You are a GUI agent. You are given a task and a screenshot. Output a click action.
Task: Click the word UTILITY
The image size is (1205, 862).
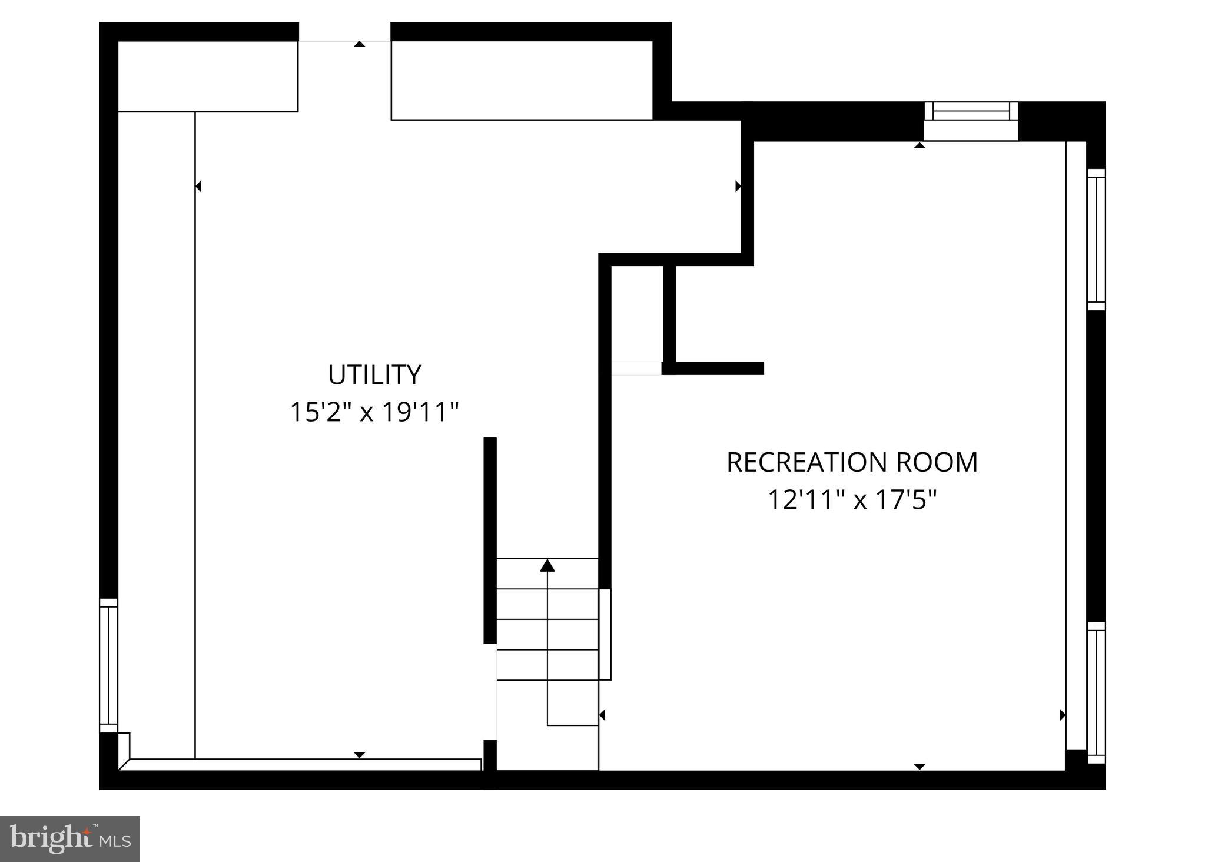[x=374, y=375]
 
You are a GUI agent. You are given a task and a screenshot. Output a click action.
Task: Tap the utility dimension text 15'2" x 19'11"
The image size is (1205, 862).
[x=374, y=412]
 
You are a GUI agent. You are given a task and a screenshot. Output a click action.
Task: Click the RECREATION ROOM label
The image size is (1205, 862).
[x=852, y=462]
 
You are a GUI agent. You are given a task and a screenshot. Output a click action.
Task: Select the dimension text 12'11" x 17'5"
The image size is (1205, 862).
[x=852, y=500]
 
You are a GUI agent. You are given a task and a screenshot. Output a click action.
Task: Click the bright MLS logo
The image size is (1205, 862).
[x=70, y=838]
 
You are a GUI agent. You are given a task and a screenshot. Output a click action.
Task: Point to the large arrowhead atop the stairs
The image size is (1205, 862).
[x=547, y=566]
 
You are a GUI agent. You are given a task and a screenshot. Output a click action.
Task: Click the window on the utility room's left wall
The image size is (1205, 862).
[x=108, y=665]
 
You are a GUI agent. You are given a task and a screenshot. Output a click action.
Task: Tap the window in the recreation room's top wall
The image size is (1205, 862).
[x=971, y=111]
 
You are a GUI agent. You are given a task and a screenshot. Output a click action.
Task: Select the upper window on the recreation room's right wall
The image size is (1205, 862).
[x=1096, y=239]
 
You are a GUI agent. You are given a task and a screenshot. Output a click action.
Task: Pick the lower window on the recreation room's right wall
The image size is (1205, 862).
[x=1096, y=692]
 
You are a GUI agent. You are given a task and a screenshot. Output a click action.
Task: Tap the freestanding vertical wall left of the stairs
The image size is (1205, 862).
[x=490, y=540]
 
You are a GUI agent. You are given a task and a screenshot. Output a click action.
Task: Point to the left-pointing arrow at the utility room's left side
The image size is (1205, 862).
[x=198, y=187]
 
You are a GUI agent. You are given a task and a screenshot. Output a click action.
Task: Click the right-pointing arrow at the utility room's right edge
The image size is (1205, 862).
[x=738, y=187]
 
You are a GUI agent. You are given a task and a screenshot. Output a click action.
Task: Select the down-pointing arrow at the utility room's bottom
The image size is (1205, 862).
[x=359, y=755]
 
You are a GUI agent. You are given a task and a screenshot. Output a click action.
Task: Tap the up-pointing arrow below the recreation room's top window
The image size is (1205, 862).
[x=919, y=145]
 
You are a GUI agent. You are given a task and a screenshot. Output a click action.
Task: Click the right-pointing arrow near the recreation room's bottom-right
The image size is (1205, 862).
[x=1062, y=715]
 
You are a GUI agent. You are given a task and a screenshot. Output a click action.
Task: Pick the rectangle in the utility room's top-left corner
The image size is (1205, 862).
[x=208, y=76]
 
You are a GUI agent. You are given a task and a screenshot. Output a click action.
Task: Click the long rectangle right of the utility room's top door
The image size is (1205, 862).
[x=522, y=80]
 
